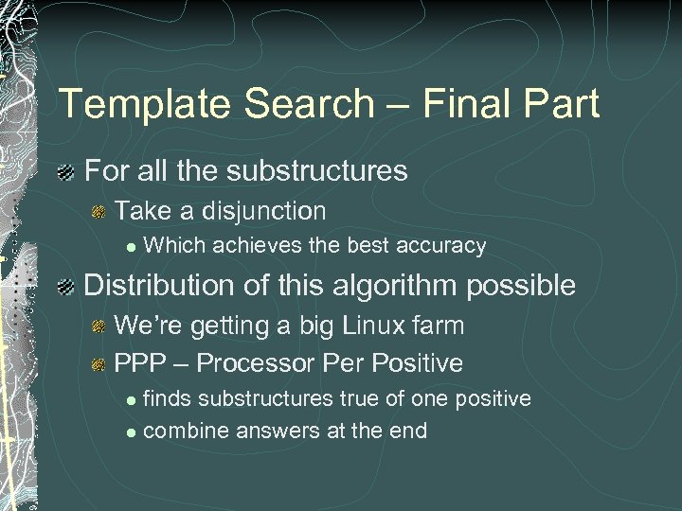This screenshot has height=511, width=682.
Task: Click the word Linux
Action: [375, 326]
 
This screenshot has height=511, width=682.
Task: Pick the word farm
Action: [440, 326]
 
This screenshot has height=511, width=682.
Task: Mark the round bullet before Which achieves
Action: [132, 247]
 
